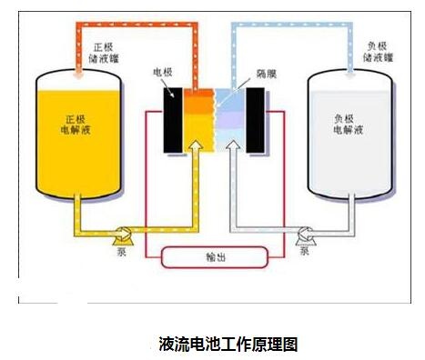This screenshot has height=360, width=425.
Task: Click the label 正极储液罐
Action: [x=104, y=53]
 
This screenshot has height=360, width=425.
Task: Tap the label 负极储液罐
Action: [x=379, y=52]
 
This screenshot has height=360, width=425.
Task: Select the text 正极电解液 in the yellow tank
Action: [x=76, y=125]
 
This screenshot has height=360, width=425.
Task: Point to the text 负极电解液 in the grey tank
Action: [x=349, y=125]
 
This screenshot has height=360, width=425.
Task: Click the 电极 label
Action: [x=163, y=72]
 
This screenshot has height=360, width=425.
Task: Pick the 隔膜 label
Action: [x=267, y=74]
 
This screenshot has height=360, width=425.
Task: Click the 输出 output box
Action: [x=215, y=257]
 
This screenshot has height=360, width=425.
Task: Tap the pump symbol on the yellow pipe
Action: [x=123, y=235]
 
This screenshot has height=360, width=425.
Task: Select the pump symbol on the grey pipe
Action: [x=306, y=235]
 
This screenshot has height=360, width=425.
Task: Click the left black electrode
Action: [x=173, y=120]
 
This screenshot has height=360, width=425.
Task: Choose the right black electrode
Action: [x=255, y=120]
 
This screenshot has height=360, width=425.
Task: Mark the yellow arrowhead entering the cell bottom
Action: [x=196, y=145]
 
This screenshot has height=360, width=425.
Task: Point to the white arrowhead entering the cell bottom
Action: [x=234, y=145]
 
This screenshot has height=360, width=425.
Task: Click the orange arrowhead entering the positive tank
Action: [x=79, y=73]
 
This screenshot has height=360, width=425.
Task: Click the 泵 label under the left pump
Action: [x=121, y=251]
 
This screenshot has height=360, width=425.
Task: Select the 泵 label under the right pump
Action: [x=305, y=251]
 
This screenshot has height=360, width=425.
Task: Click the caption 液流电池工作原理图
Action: [x=228, y=344]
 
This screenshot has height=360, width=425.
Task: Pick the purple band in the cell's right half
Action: [x=230, y=120]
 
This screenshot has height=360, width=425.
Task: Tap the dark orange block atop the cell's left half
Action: [x=198, y=94]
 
